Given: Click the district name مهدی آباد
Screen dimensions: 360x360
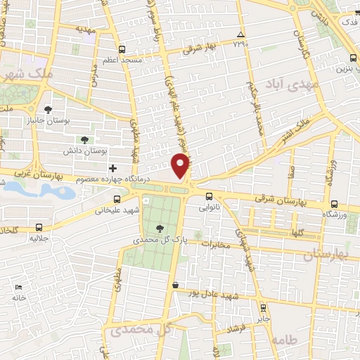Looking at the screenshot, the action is pyautogui.click(x=288, y=83).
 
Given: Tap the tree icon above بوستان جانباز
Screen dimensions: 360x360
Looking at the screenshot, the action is pyautogui.click(x=48, y=109).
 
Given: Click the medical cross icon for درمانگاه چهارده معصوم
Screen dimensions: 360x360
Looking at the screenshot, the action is pyautogui.click(x=112, y=168).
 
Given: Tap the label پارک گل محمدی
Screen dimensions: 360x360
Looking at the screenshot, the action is pyautogui.click(x=159, y=240).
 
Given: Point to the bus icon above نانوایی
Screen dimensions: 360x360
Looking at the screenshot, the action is pyautogui.click(x=210, y=196).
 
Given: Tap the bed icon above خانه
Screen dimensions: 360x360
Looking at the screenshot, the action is pyautogui.click(x=19, y=287).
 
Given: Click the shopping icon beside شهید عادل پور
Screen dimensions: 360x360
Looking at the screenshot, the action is pyautogui.click(x=174, y=285).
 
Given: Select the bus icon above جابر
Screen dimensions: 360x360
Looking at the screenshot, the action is pyautogui.click(x=263, y=307).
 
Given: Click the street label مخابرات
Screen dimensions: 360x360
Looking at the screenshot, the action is pyautogui.click(x=217, y=245).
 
